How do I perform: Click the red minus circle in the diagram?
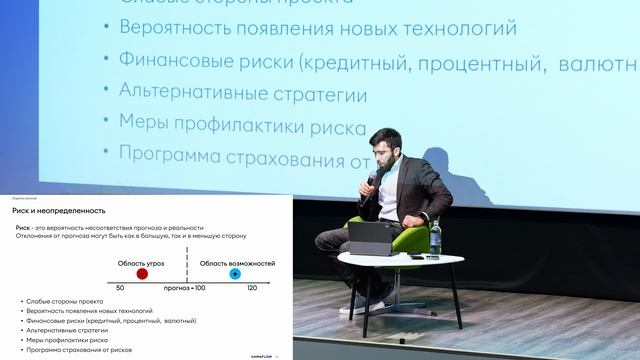pos(142,272)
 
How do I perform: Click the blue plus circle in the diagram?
pos(235,272)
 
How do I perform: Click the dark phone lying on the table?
pos(415,257)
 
